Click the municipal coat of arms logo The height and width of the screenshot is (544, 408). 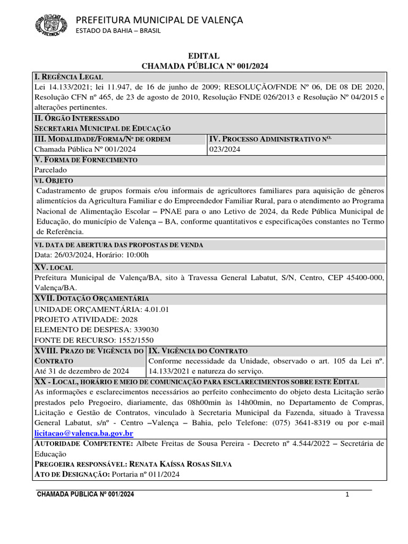(52, 25)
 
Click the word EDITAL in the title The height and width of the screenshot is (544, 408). (205, 56)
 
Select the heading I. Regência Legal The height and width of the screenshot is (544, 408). (69, 77)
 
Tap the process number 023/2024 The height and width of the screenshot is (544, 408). (225, 149)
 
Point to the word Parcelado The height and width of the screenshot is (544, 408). (51, 170)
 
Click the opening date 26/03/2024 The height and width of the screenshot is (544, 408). (72, 254)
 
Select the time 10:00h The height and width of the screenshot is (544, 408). (138, 254)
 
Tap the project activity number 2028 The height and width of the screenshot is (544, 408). (129, 319)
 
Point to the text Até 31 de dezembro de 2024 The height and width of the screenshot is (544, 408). (82, 371)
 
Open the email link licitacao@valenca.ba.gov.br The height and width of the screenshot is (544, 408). (83, 432)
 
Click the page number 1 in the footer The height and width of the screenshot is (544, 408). (347, 495)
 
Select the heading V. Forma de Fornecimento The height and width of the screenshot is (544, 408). (86, 160)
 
